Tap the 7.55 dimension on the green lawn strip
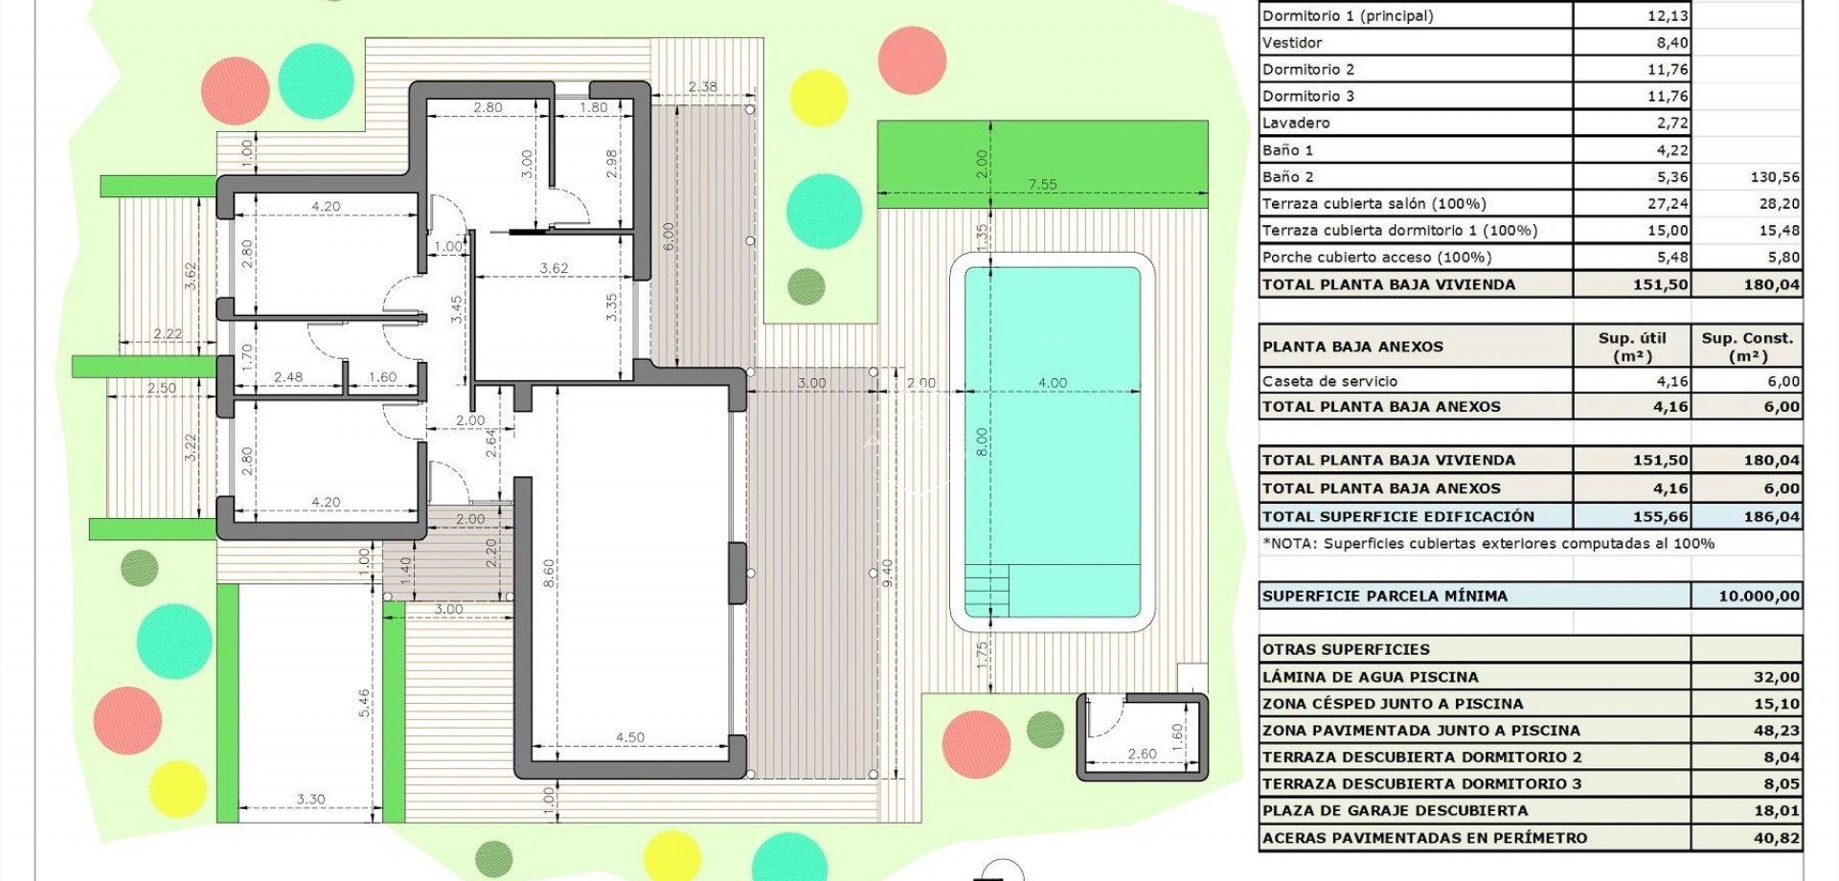click(1042, 185)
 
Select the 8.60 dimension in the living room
click(549, 573)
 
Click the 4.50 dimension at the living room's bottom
click(629, 737)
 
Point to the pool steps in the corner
click(987, 590)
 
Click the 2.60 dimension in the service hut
click(1142, 754)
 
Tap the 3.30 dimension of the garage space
click(310, 799)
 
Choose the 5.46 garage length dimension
click(364, 702)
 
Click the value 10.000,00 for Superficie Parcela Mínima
click(1759, 596)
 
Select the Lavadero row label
click(1296, 123)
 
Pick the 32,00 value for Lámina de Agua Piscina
click(1776, 677)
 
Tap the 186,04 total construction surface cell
click(1771, 516)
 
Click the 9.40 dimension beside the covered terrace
click(887, 573)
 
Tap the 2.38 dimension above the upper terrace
click(702, 86)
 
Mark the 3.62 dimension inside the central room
click(554, 268)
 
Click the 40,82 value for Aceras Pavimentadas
click(1776, 838)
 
